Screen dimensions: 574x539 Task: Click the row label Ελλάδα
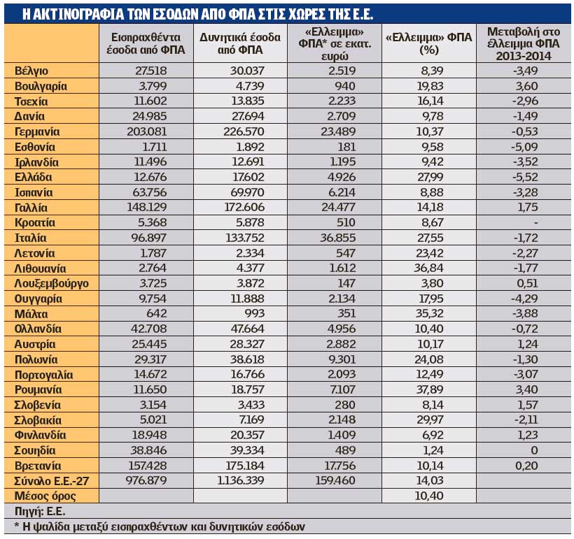[x=34, y=178]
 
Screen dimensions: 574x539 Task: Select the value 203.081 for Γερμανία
[x=147, y=131]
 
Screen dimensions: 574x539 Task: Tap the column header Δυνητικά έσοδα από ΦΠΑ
[x=240, y=43]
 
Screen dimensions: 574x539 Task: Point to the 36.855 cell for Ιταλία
[x=338, y=238]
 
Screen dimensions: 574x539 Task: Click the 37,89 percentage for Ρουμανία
[x=430, y=390]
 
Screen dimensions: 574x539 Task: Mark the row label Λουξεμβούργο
[x=52, y=284]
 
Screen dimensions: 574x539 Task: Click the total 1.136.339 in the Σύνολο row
[x=241, y=481]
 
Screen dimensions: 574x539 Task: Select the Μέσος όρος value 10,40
[x=429, y=496]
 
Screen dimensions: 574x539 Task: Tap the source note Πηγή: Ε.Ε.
[x=40, y=511]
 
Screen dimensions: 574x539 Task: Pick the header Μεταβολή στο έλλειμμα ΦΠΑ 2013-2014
[x=524, y=43]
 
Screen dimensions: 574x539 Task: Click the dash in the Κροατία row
[x=536, y=223]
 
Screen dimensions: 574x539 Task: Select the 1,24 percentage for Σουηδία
[x=433, y=450]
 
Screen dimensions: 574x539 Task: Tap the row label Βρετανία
[x=38, y=466]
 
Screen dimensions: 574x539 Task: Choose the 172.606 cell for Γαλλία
[x=244, y=208]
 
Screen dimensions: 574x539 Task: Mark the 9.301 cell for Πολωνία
[x=342, y=359]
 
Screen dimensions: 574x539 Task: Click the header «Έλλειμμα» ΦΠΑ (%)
[x=429, y=43]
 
